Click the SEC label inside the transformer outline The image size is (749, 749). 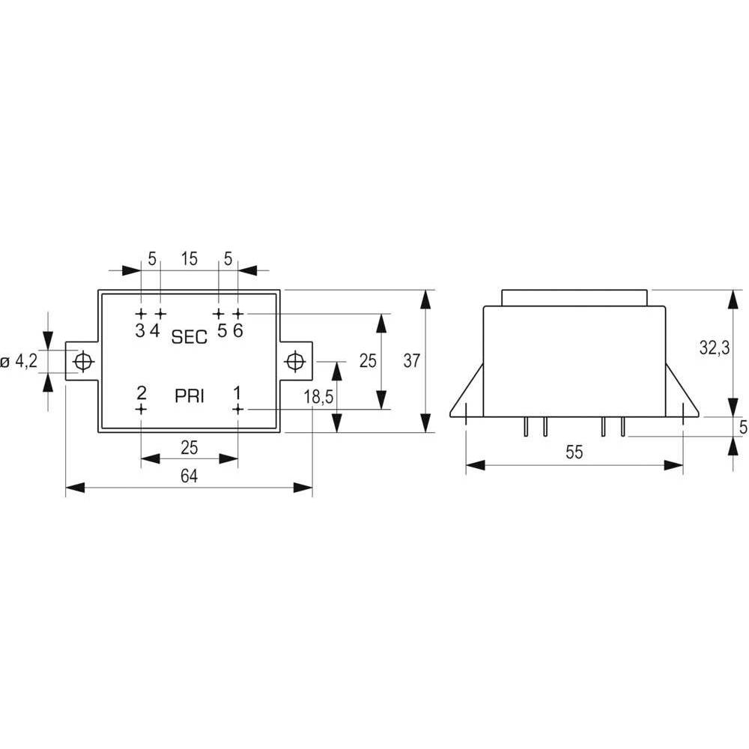click(x=189, y=337)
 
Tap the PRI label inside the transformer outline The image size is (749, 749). click(x=189, y=396)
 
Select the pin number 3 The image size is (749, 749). click(x=140, y=330)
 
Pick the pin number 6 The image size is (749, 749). click(x=238, y=330)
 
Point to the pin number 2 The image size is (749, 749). click(x=142, y=393)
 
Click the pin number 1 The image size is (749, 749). click(x=237, y=393)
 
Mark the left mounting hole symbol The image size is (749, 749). click(x=83, y=361)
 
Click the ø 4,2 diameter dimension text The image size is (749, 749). click(x=19, y=361)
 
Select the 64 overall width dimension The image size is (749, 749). click(x=189, y=476)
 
